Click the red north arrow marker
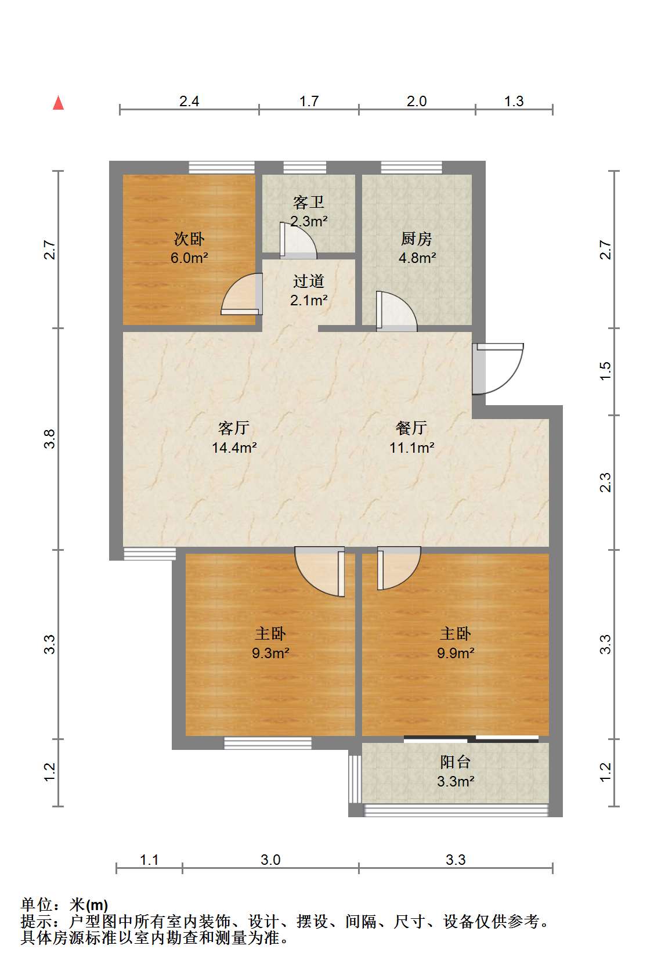coord(58,103)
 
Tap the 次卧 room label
coord(189,239)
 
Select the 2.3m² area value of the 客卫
coord(309,221)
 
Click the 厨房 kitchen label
coord(417,239)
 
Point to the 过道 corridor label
coord(309,281)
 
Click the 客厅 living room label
coord(234,428)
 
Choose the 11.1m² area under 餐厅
coord(412,448)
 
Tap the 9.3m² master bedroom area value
coord(270,653)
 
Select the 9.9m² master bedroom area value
coord(456,653)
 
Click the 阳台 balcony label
coord(456,762)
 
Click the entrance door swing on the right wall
coord(498,369)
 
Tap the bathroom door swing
coord(298,240)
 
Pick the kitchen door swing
coord(396,311)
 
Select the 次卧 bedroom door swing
coord(242,294)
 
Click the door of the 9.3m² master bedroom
coord(320,571)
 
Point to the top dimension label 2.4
coord(189,102)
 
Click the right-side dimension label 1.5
coord(605,371)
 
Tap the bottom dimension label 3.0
coord(270,860)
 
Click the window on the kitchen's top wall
coord(411,168)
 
